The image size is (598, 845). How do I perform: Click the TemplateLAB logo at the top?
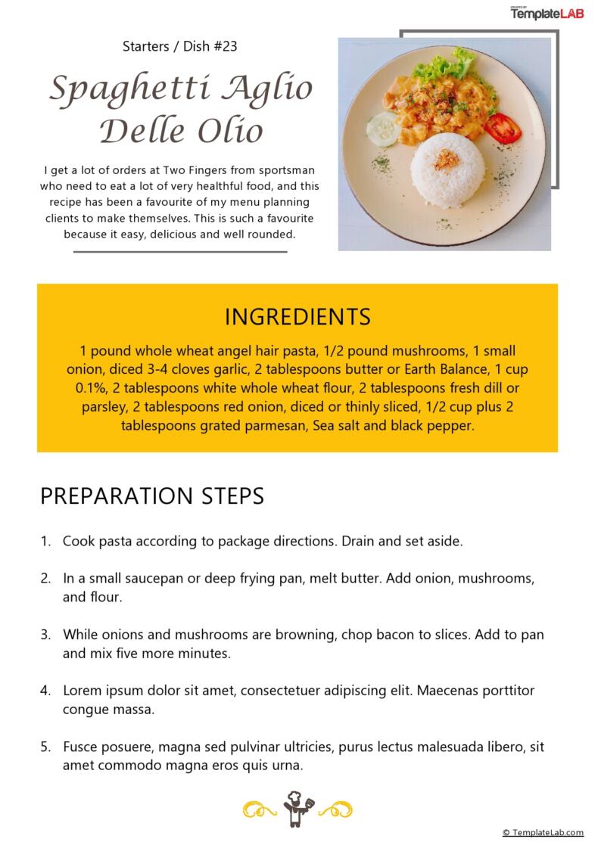click(547, 13)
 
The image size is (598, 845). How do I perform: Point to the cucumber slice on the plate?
click(383, 129)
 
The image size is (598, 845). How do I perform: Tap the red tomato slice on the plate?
click(503, 128)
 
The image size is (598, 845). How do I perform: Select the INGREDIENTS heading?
click(297, 317)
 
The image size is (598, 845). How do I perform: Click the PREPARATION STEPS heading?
click(152, 496)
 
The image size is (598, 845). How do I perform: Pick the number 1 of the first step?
click(45, 542)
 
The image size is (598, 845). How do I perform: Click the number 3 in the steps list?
click(45, 634)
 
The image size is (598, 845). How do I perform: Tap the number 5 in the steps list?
click(45, 747)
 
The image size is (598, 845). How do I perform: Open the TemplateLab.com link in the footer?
click(543, 832)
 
